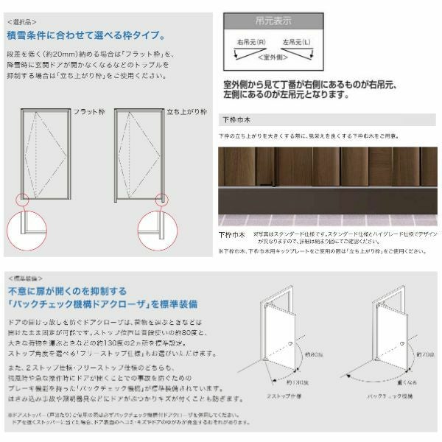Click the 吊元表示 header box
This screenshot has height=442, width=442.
click(x=273, y=21)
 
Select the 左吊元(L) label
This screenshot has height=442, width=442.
click(x=303, y=43)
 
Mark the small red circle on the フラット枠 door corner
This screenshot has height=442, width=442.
click(x=22, y=198)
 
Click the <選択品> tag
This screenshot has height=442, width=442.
click(x=21, y=23)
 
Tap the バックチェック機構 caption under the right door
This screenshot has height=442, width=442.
click(x=393, y=396)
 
